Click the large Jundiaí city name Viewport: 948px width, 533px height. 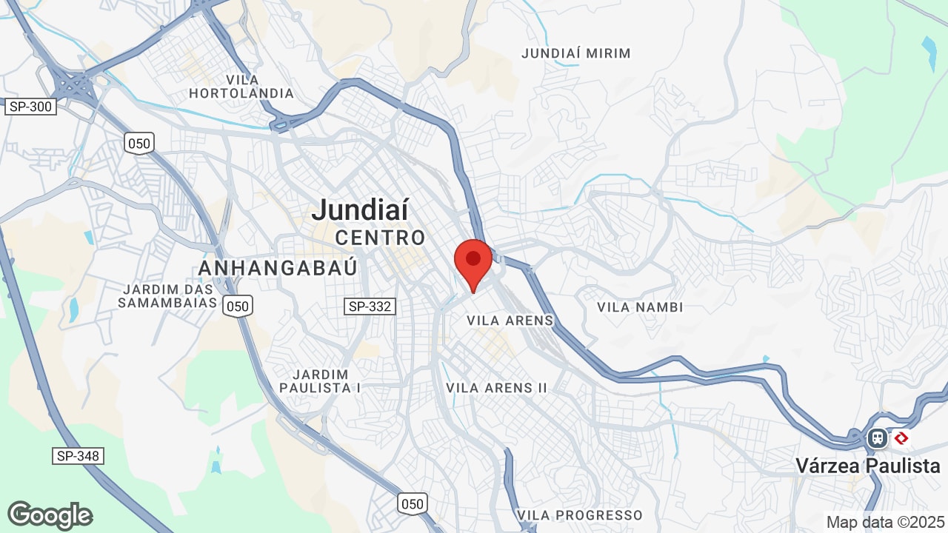coord(360,210)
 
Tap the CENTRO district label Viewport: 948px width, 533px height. coord(381,238)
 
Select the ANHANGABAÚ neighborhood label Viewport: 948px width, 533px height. coord(278,267)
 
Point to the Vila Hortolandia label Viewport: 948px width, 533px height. coord(241,87)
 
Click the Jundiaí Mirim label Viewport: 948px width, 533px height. coord(576,53)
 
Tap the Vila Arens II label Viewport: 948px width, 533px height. coord(496,388)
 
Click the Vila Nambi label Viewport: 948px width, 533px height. coord(640,306)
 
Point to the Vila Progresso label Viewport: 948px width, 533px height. coord(580,515)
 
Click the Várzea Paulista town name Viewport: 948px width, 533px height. coord(868,466)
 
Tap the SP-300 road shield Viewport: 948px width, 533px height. coord(30,107)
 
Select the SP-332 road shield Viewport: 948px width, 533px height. coord(370,306)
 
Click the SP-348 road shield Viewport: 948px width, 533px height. coord(77,456)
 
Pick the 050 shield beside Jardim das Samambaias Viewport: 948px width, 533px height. coord(238,306)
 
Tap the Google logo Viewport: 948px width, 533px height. coord(50,515)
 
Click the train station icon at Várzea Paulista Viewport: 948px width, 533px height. coord(878,438)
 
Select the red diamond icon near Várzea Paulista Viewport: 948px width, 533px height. coord(901,438)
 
